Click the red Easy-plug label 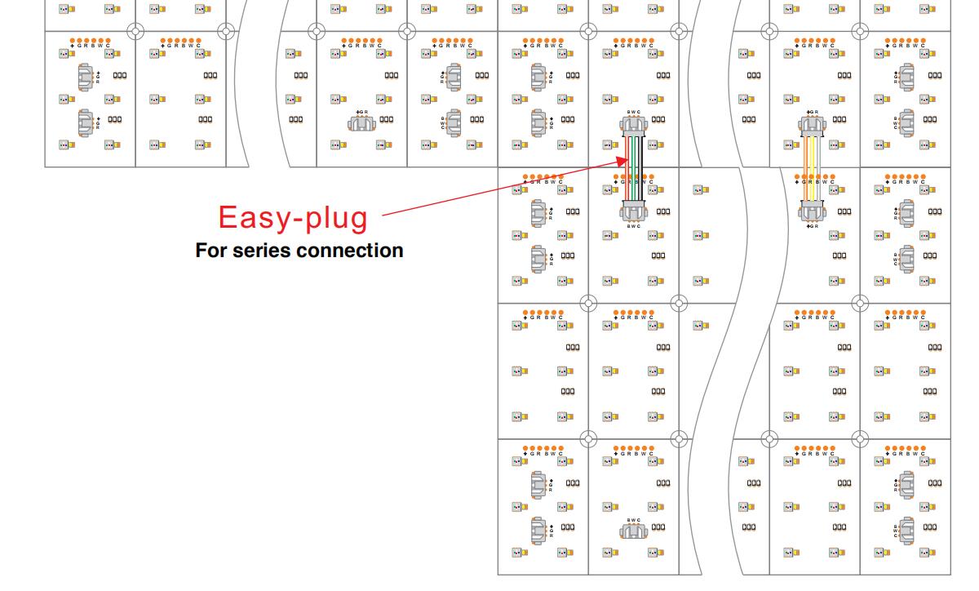coord(292,218)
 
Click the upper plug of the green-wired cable coord(634,124)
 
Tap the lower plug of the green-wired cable coord(634,213)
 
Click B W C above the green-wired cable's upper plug coord(634,112)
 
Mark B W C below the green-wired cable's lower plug coord(634,226)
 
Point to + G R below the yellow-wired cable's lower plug coord(813,226)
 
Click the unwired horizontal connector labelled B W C coord(634,532)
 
